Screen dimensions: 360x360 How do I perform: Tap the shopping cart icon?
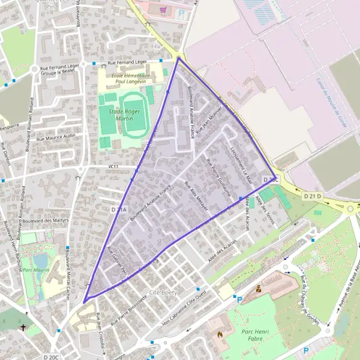[x=163, y=10]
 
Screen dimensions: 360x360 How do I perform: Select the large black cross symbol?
[x=23, y=328]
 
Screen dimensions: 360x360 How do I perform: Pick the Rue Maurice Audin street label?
[x=56, y=137]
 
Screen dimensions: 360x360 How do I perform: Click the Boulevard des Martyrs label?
[x=47, y=221]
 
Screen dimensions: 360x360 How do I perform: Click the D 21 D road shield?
[x=312, y=196]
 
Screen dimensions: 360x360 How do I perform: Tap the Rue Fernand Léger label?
[x=127, y=62]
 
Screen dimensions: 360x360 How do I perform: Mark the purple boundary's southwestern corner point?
[x=84, y=301]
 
